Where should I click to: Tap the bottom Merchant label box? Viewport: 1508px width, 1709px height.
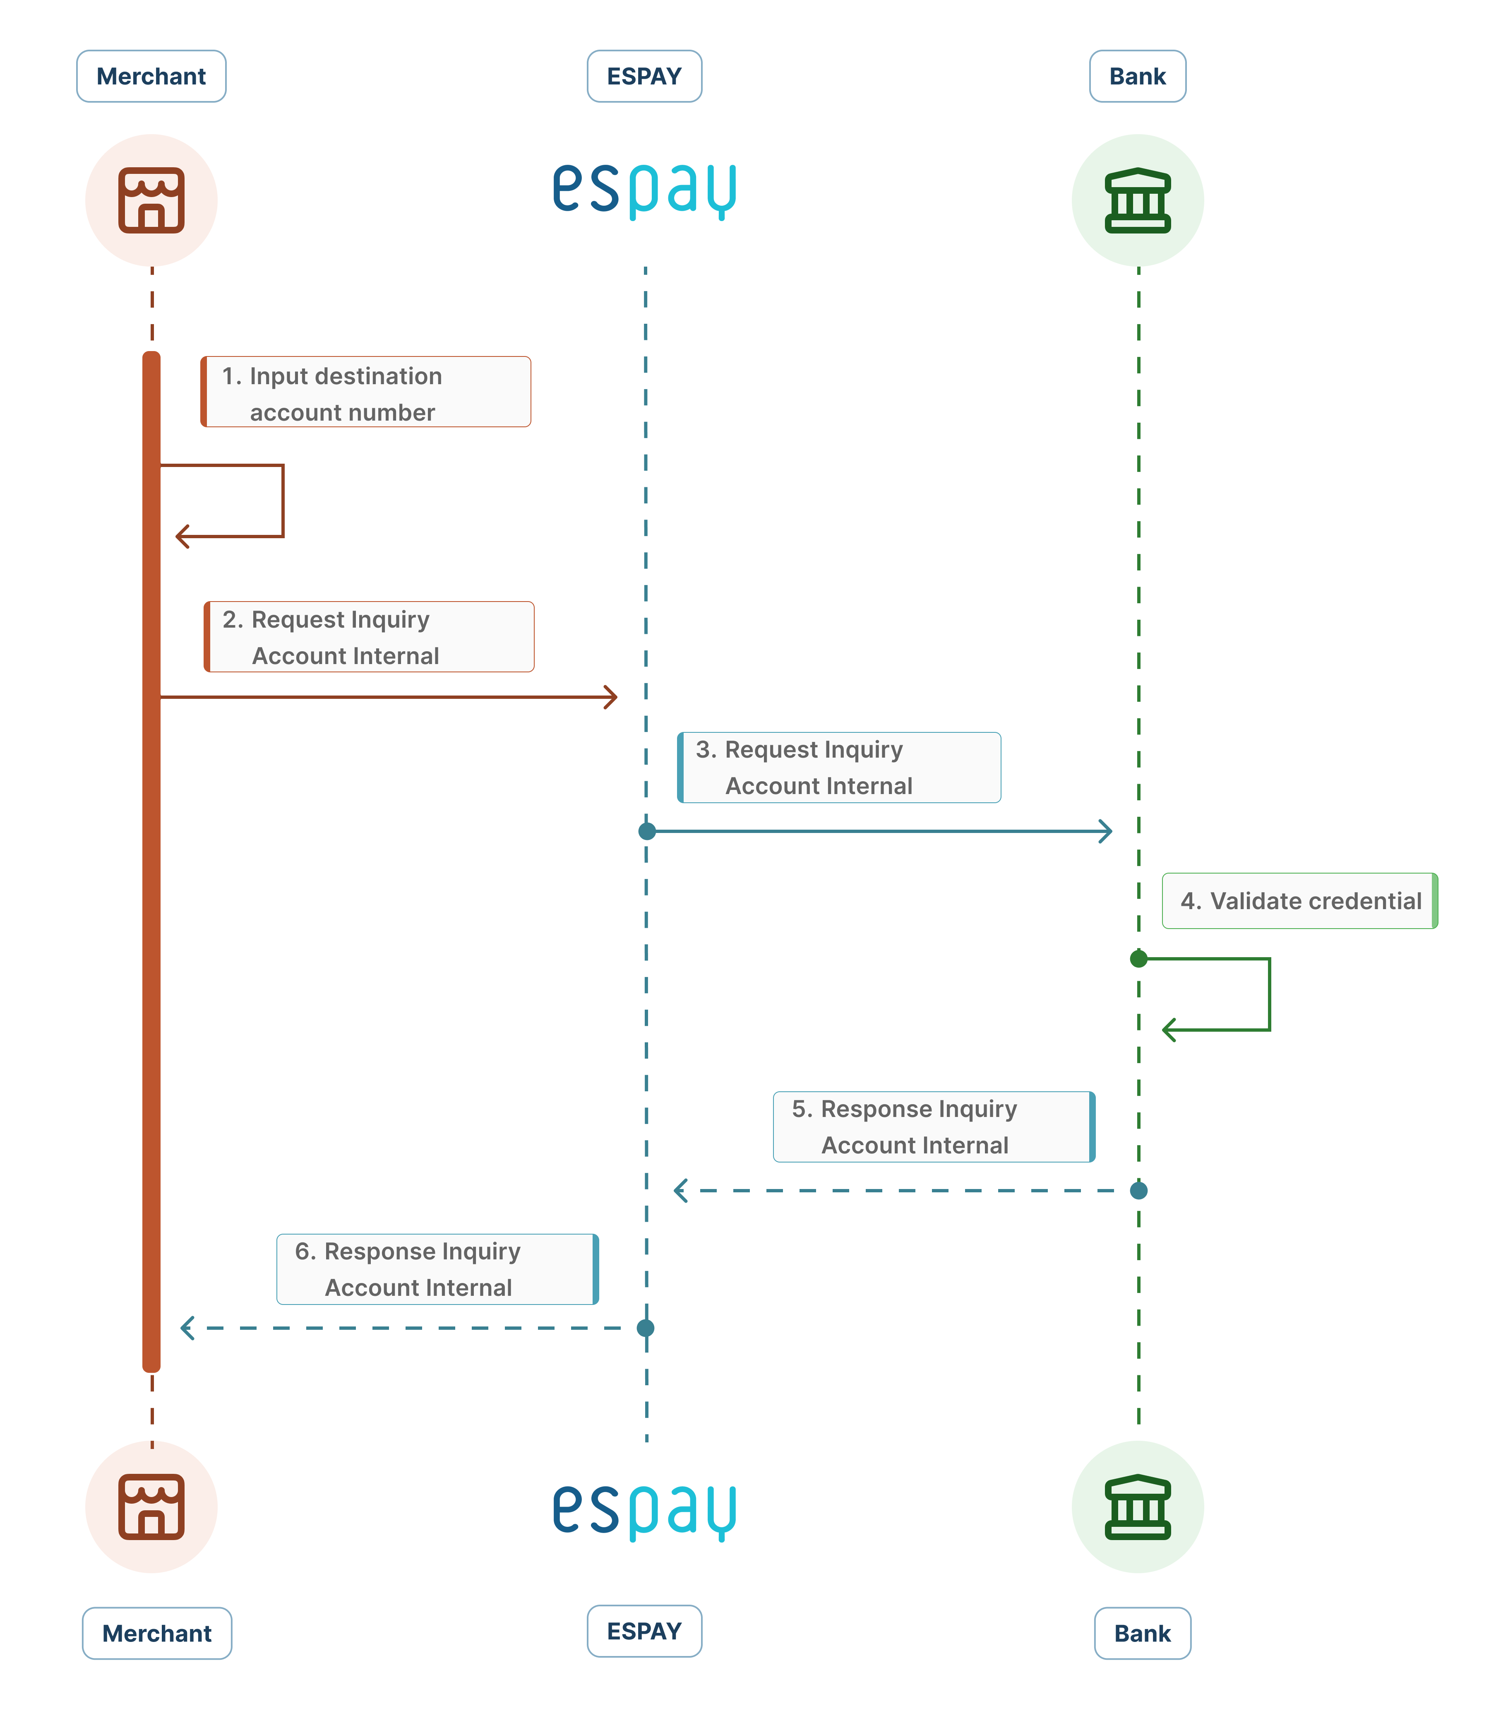pyautogui.click(x=156, y=1633)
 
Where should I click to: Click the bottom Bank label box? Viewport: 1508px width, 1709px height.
pyautogui.click(x=1142, y=1633)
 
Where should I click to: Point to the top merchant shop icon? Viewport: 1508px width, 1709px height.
pyautogui.click(x=151, y=201)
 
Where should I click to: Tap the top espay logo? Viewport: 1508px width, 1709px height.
pyautogui.click(x=644, y=190)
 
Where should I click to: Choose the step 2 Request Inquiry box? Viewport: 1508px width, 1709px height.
pyautogui.click(x=369, y=637)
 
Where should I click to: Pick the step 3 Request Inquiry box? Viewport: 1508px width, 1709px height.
pyautogui.click(x=838, y=768)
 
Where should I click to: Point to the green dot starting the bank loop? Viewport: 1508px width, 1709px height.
pyautogui.click(x=1138, y=958)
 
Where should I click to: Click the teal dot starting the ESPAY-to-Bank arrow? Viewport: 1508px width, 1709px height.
pyautogui.click(x=646, y=831)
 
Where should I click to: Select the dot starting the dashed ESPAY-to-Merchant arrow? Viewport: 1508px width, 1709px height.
pyautogui.click(x=645, y=1328)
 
